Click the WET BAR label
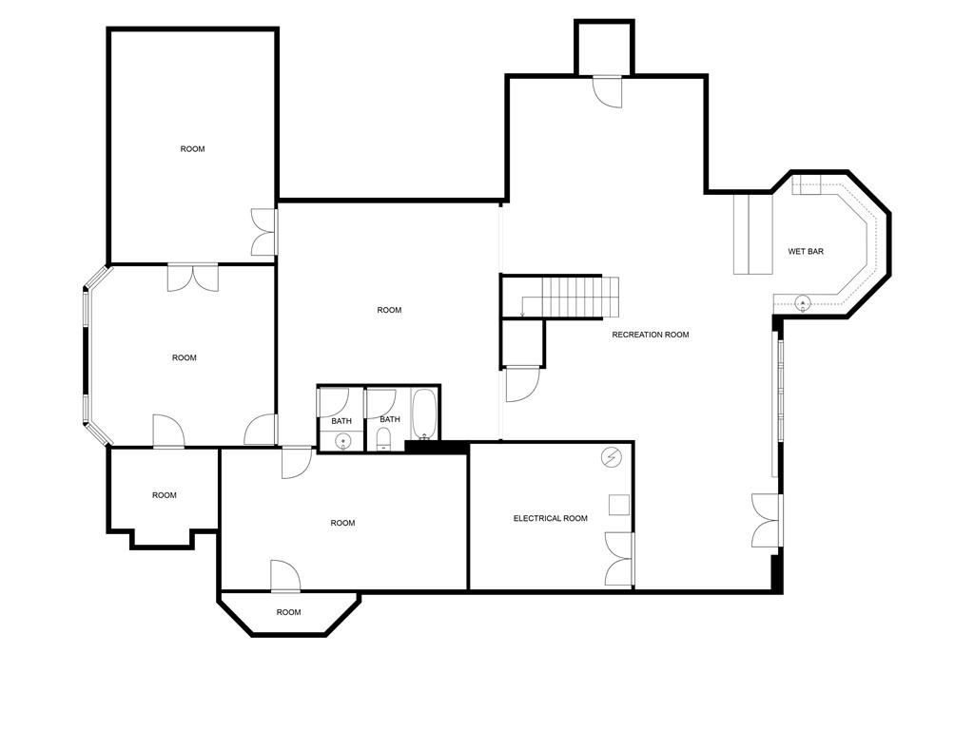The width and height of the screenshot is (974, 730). [x=806, y=252]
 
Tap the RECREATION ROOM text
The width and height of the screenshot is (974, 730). [x=651, y=335]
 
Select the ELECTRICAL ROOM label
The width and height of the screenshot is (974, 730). [x=550, y=518]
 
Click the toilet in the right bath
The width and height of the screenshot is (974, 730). [x=382, y=437]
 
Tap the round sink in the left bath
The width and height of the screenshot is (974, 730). [x=343, y=439]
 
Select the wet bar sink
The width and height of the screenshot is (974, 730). [x=802, y=303]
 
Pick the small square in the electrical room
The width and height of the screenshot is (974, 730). [x=618, y=505]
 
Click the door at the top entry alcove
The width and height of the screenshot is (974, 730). [x=606, y=91]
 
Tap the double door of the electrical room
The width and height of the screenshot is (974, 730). [x=619, y=558]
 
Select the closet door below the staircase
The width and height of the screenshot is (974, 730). [x=522, y=383]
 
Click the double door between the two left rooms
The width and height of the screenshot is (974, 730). [x=192, y=277]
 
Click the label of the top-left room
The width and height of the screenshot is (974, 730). [x=192, y=149]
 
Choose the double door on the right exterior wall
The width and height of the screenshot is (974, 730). [x=767, y=520]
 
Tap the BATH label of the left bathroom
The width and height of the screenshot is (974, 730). [x=341, y=421]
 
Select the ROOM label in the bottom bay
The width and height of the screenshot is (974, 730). [x=288, y=612]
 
